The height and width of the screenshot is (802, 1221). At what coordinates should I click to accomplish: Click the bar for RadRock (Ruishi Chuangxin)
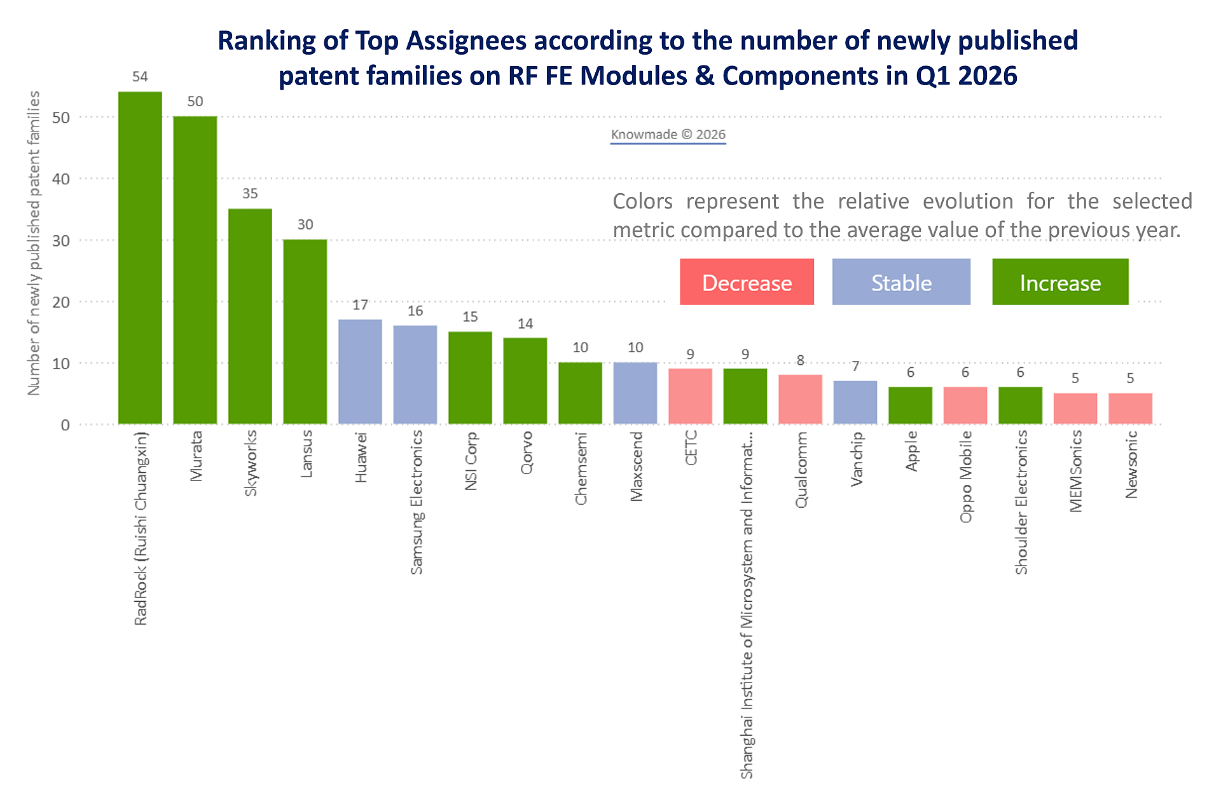tap(140, 257)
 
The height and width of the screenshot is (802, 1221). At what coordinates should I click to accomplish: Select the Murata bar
tap(195, 270)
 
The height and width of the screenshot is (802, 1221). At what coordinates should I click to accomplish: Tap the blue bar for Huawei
tap(360, 372)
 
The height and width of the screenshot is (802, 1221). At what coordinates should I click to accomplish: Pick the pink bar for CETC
tap(690, 396)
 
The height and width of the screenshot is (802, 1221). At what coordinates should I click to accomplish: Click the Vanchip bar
tap(855, 402)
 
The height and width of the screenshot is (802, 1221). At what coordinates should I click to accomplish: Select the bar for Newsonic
tap(1130, 408)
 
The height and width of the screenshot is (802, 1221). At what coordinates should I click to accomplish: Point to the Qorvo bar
tap(525, 381)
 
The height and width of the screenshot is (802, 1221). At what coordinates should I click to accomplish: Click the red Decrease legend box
tap(747, 282)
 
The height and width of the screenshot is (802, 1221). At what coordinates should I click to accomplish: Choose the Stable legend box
tap(901, 282)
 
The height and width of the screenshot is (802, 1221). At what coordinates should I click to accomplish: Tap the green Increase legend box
tap(1060, 282)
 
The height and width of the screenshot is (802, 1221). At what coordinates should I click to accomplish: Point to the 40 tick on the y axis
tap(61, 179)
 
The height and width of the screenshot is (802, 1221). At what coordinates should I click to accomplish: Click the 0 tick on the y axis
tap(65, 425)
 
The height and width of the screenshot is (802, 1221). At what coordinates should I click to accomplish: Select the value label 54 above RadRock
tap(140, 77)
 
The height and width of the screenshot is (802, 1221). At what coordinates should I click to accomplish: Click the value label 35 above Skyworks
tap(250, 194)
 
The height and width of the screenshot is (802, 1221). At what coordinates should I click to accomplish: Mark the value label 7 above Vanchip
tap(855, 367)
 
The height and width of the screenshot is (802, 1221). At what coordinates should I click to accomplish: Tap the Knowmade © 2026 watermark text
tap(668, 135)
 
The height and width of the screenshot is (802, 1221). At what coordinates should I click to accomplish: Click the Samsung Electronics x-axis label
tap(417, 502)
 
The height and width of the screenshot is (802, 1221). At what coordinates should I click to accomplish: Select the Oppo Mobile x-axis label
tap(966, 477)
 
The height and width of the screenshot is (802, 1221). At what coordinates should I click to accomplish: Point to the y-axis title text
tap(34, 243)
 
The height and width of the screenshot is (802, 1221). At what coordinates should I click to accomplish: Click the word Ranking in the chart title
tap(266, 41)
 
